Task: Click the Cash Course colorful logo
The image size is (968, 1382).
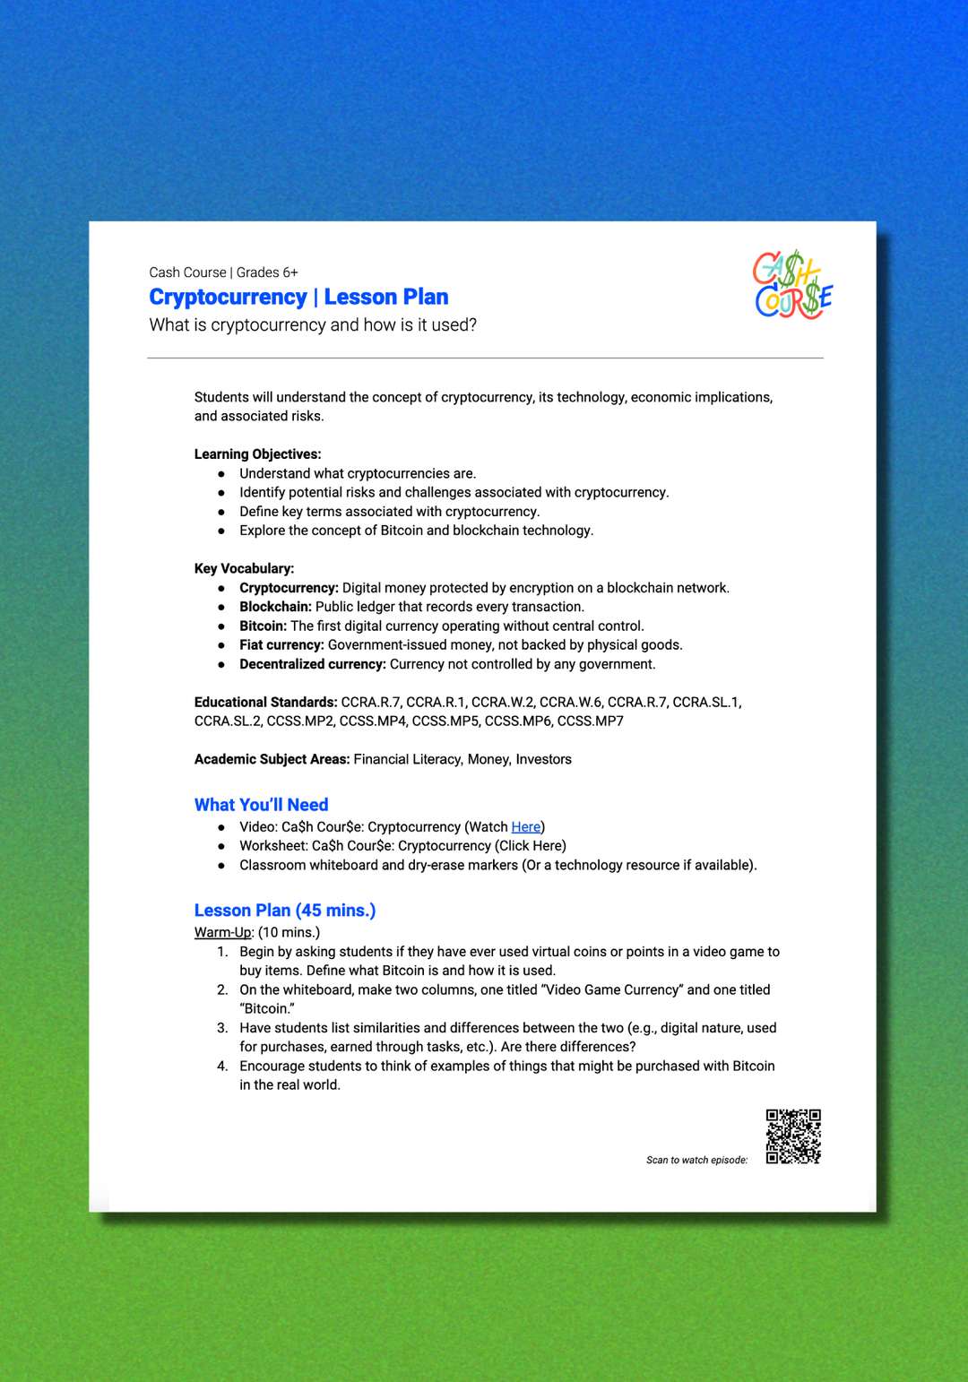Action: [x=793, y=285]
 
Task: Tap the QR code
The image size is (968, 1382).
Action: [x=793, y=1136]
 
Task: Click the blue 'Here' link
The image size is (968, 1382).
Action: [x=525, y=826]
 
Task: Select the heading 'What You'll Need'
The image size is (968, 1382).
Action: [x=261, y=804]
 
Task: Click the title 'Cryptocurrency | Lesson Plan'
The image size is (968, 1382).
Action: [x=298, y=297]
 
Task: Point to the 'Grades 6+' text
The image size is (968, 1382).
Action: [x=267, y=272]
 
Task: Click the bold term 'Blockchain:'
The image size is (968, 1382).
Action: [x=275, y=607]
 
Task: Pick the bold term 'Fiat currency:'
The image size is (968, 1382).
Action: [x=281, y=644]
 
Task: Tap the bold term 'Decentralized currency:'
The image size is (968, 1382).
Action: [x=312, y=664]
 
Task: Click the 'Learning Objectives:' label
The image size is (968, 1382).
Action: [x=257, y=454]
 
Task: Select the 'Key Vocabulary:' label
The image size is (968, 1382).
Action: [x=244, y=568]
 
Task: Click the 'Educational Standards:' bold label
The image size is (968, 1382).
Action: [x=265, y=702]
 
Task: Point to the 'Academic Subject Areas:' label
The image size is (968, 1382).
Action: [x=272, y=759]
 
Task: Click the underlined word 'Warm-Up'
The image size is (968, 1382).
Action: [x=222, y=932]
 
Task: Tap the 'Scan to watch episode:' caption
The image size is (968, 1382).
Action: [x=696, y=1160]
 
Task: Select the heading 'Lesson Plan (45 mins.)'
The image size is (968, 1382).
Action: [x=285, y=910]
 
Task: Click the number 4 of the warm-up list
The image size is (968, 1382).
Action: [x=222, y=1066]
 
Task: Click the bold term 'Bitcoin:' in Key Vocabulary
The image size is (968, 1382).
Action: [x=263, y=626]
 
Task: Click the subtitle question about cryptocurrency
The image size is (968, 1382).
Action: [x=313, y=324]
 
